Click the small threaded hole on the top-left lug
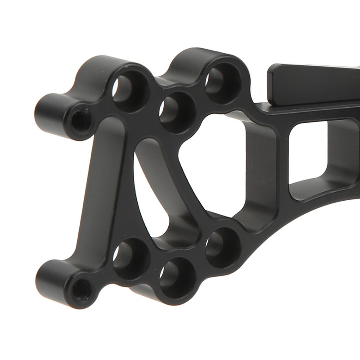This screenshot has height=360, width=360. pos(81,119)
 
